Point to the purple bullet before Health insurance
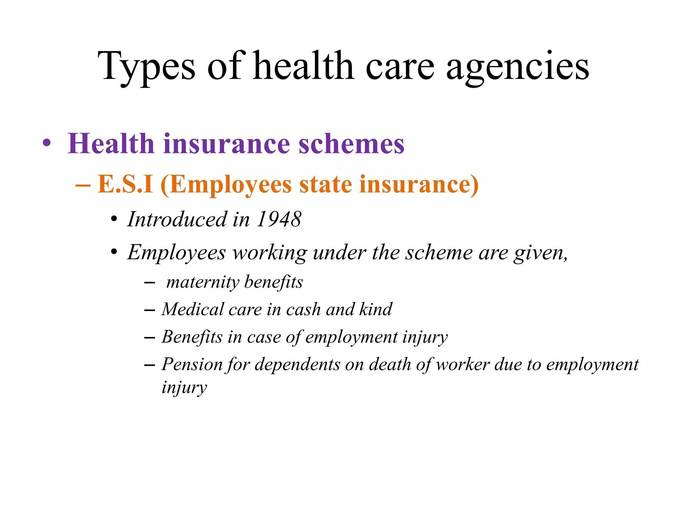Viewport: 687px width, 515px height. pos(47,144)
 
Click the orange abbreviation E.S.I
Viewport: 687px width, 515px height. pos(125,184)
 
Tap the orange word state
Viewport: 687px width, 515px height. pos(325,184)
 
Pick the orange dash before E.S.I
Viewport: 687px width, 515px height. pos(83,185)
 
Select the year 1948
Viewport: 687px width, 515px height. pos(279,219)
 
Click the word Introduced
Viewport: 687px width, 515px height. pos(177,219)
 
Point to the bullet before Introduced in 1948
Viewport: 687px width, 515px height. pos(114,220)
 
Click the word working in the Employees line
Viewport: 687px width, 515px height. pos(270,252)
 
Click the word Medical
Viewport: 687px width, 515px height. pos(193,309)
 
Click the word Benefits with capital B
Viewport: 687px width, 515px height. pos(192,337)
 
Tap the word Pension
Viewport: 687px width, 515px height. pos(192,364)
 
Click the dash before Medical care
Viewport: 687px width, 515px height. pos(149,310)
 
